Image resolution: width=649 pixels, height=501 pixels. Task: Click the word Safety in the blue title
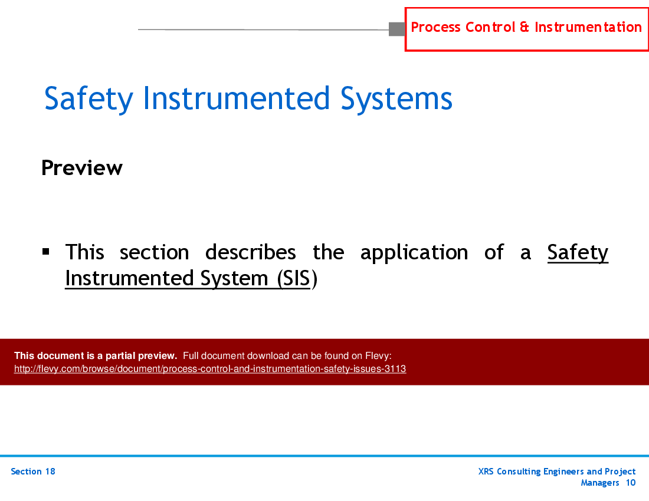tap(88, 99)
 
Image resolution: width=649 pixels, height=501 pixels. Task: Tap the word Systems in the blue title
tap(396, 99)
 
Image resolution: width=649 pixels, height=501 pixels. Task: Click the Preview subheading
tap(82, 169)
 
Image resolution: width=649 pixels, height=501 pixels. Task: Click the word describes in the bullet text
tap(251, 253)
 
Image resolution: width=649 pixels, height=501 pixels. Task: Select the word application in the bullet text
tap(414, 253)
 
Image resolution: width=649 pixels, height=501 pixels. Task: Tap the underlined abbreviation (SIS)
tap(293, 278)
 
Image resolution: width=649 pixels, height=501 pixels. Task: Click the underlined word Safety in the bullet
tap(578, 253)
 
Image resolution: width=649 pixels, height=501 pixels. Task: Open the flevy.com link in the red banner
tap(210, 370)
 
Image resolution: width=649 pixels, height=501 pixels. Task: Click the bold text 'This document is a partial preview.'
tap(96, 355)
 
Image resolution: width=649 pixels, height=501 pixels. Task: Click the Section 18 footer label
tap(33, 472)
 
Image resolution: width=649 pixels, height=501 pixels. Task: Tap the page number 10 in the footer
tap(631, 483)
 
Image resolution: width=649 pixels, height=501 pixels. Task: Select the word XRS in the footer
tap(487, 472)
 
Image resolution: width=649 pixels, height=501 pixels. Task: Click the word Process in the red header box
tap(435, 27)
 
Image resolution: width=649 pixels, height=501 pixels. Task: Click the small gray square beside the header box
tap(396, 29)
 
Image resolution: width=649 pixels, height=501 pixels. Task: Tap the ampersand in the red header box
tap(525, 27)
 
